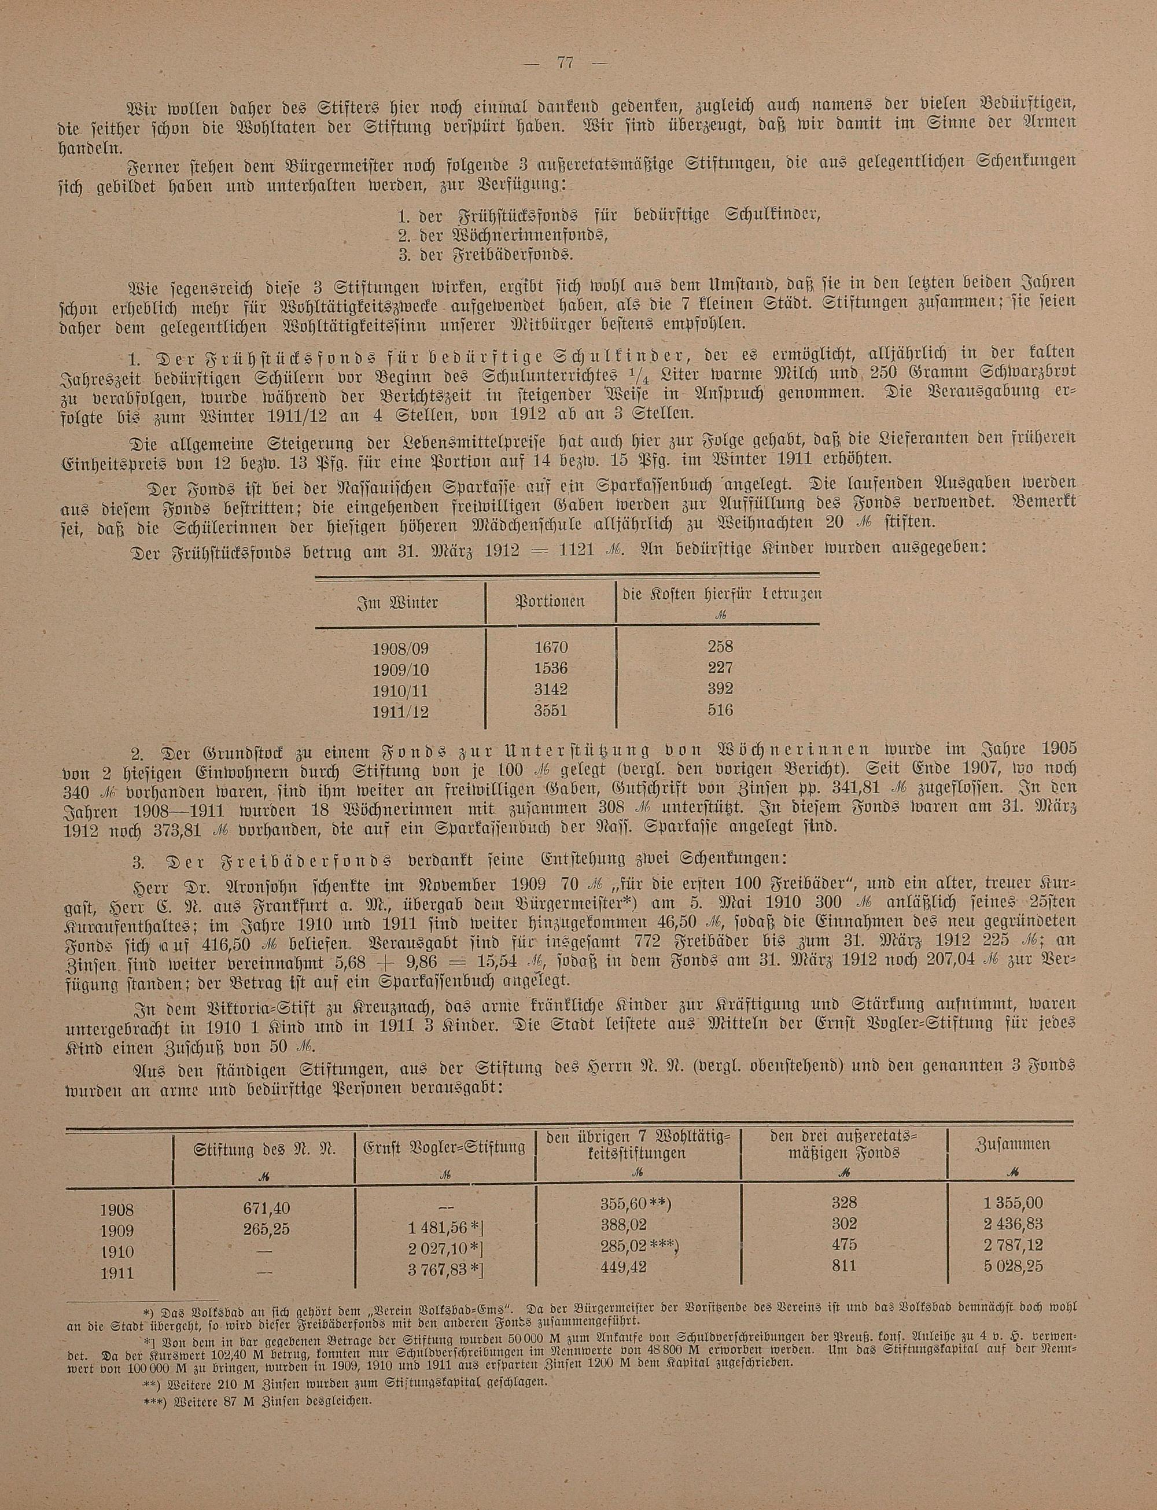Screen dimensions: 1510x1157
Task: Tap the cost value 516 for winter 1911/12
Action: tap(720, 709)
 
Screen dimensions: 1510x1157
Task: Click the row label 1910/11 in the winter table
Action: tap(400, 690)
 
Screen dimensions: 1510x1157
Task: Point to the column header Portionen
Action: tap(550, 601)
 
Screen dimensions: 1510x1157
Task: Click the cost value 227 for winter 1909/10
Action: tap(720, 667)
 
